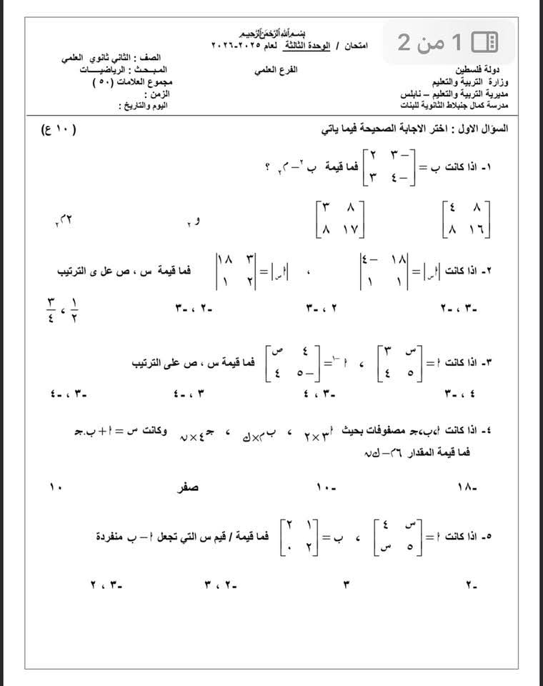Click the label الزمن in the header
click(159, 94)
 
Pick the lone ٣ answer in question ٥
click(347, 586)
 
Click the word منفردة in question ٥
click(116, 535)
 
